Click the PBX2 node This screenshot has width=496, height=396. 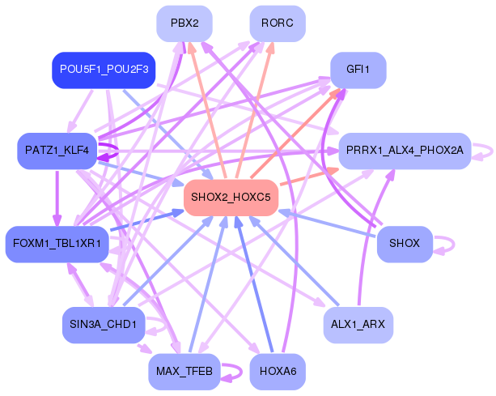184,23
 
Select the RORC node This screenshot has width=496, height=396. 277,23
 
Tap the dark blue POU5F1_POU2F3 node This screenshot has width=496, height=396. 104,70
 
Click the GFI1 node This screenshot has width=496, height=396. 358,70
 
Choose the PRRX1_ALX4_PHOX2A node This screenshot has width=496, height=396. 404,151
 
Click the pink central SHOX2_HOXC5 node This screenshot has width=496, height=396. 231,198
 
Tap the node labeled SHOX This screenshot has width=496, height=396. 404,243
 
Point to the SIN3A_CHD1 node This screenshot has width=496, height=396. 103,325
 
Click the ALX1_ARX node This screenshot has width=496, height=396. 358,325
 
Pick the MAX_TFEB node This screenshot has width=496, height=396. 184,371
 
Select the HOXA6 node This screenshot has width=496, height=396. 278,371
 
